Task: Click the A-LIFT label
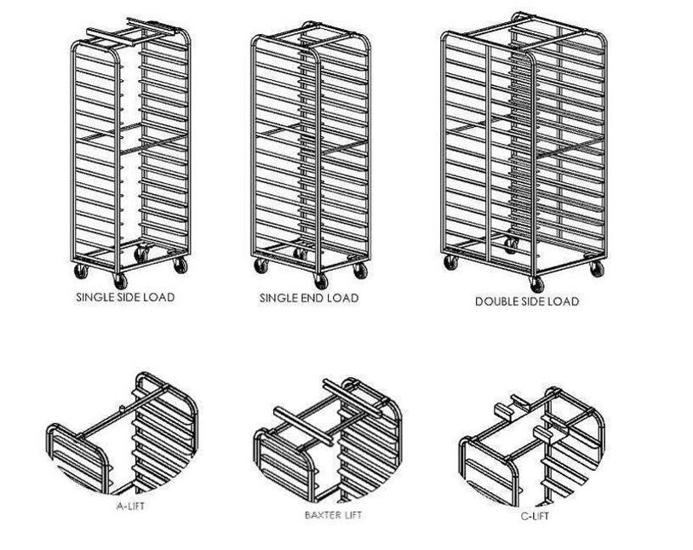(130, 506)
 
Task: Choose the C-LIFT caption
(535, 516)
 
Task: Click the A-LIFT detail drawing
(122, 433)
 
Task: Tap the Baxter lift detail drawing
(328, 440)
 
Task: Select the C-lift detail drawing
(532, 446)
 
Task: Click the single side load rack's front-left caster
(81, 271)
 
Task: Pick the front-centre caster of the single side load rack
(120, 281)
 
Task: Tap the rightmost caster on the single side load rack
(180, 265)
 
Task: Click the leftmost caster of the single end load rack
(261, 266)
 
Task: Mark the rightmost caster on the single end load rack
(360, 271)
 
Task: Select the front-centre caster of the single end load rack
(321, 281)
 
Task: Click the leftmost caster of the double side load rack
(451, 262)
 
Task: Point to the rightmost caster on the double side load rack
(597, 269)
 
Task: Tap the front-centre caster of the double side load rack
(536, 284)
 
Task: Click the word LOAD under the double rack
(564, 301)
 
